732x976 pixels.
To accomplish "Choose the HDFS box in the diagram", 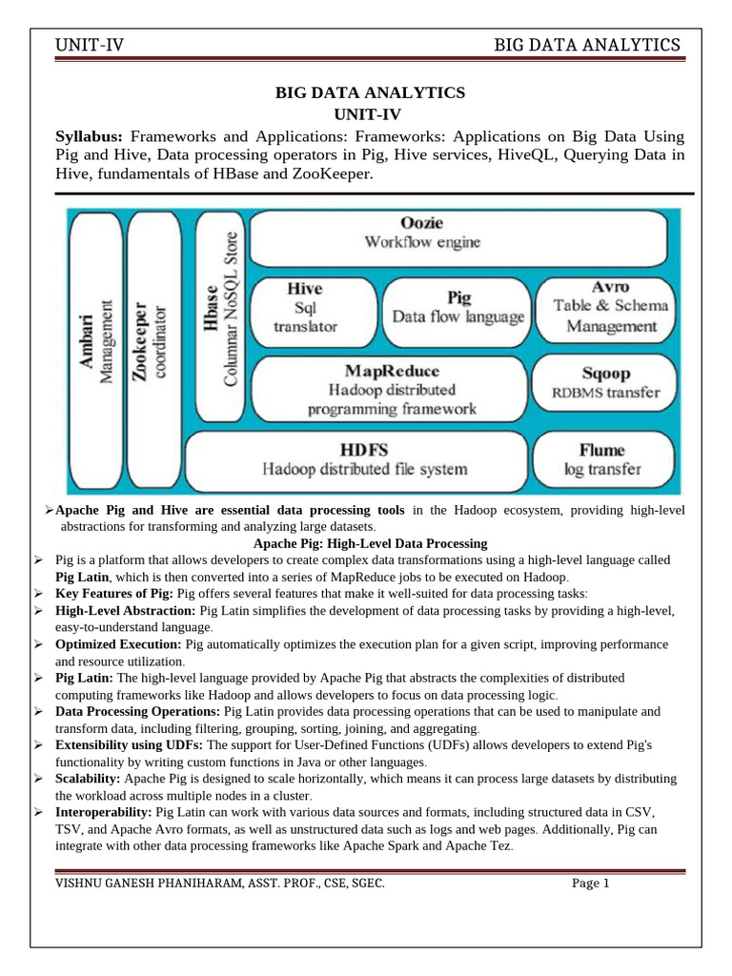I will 353,459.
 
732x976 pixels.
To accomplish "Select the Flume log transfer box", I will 602,459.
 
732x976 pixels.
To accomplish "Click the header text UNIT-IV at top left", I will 92,45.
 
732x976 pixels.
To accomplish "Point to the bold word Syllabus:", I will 91,136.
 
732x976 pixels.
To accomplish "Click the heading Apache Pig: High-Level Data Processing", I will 370,543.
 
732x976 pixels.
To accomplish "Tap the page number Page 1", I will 590,883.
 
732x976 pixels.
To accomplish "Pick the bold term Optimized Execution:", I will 119,645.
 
